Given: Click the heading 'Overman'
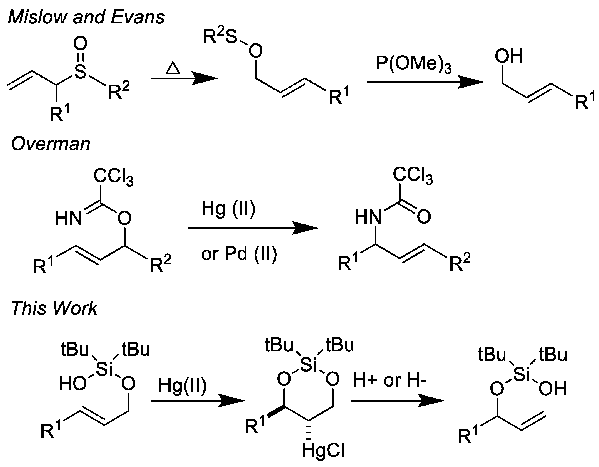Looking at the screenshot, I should click(51, 144).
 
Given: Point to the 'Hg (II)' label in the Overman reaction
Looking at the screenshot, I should click(228, 209).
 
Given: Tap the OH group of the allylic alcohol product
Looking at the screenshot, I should click(509, 56).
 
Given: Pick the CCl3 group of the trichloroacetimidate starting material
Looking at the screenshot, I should click(113, 177).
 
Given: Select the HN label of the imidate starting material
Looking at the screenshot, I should click(68, 219).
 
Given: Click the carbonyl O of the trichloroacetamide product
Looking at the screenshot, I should click(423, 217).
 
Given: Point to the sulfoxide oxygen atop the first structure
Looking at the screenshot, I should click(80, 44).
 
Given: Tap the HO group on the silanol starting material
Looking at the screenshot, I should click(73, 384).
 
